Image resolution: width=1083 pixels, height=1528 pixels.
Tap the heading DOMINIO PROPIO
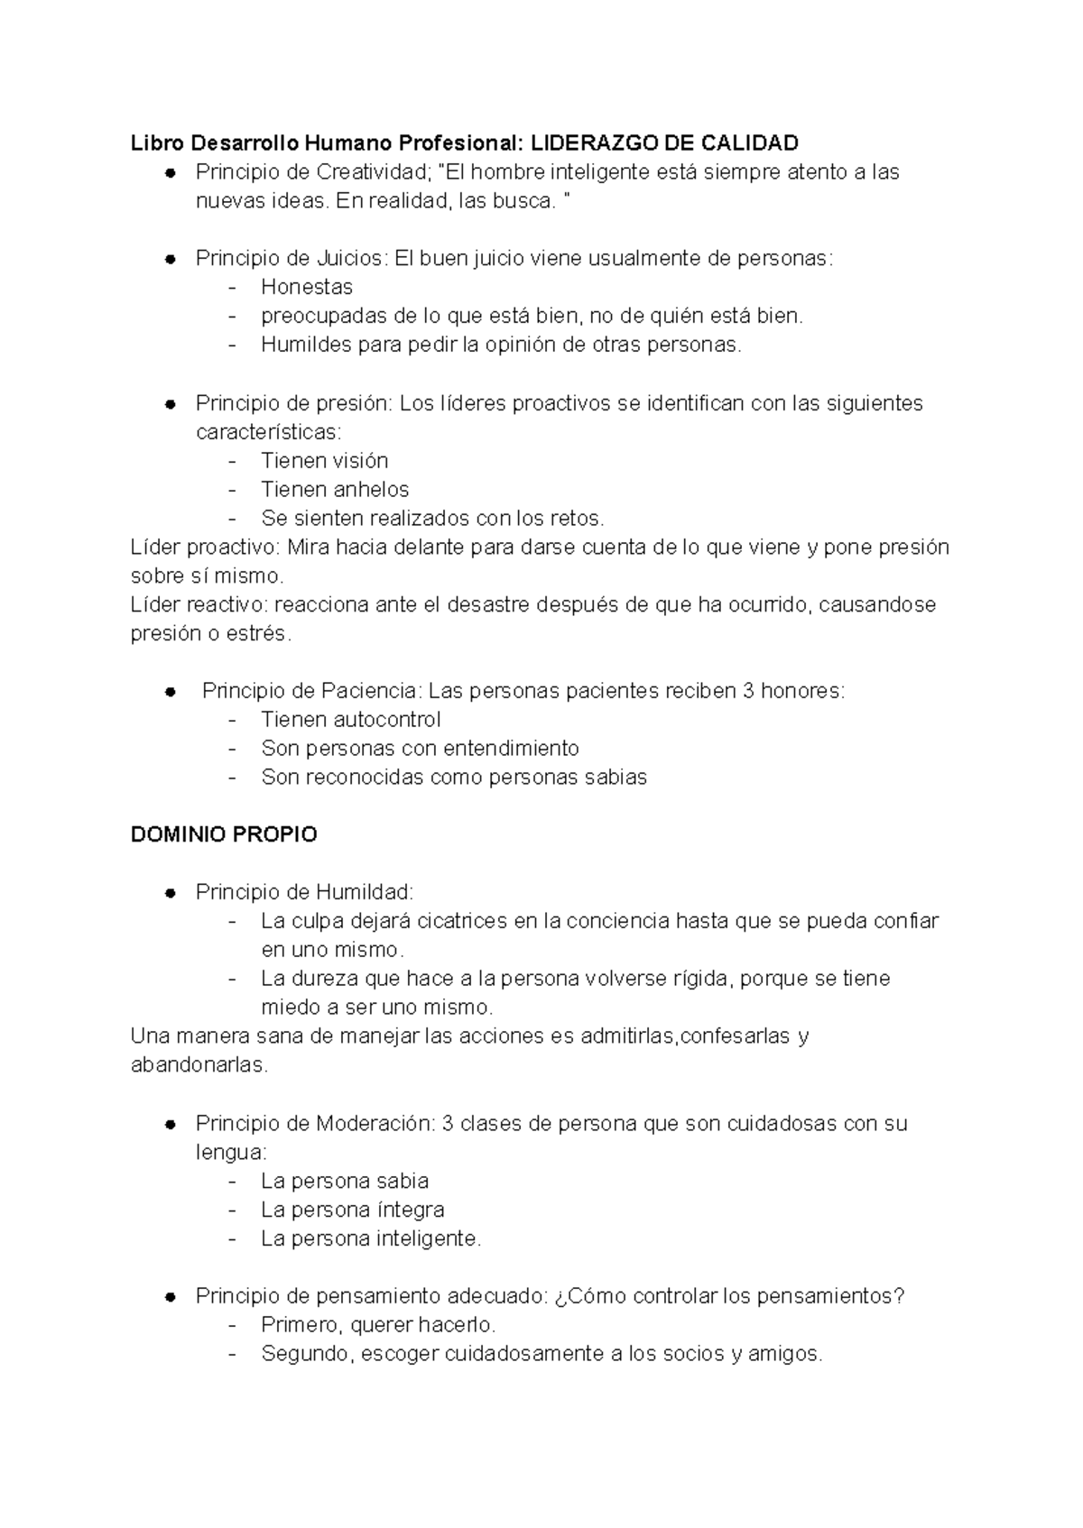(224, 834)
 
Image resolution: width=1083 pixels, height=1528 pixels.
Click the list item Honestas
(307, 287)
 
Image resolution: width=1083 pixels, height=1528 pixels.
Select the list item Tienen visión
(324, 460)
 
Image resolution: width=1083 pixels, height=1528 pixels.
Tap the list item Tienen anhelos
(335, 489)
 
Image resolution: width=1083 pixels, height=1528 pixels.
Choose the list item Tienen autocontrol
(351, 720)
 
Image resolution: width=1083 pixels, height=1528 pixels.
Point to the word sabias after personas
(616, 778)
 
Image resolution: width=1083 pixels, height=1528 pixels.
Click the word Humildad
(364, 892)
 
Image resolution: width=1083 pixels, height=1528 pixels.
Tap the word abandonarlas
(199, 1065)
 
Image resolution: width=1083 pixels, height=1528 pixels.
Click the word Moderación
(375, 1123)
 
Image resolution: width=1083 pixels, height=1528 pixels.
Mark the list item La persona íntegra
(352, 1210)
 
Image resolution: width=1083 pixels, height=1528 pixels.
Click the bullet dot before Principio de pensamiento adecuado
(170, 1297)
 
